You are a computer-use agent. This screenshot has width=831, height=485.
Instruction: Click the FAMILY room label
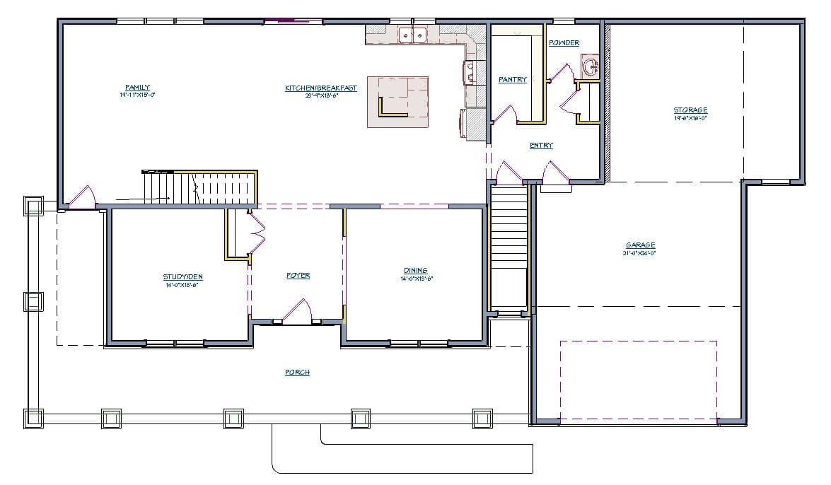pyautogui.click(x=138, y=87)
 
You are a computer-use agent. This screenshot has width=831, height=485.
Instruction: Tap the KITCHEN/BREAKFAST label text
pyautogui.click(x=321, y=88)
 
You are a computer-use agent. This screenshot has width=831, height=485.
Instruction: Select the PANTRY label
pyautogui.click(x=513, y=80)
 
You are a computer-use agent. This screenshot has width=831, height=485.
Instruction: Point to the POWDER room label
pyautogui.click(x=564, y=43)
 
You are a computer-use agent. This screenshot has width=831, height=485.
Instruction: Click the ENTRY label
pyautogui.click(x=542, y=146)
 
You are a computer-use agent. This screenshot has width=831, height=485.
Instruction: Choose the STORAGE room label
pyautogui.click(x=690, y=110)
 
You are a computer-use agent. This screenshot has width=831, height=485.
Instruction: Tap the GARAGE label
pyautogui.click(x=639, y=245)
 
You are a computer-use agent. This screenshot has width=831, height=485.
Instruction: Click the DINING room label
pyautogui.click(x=415, y=271)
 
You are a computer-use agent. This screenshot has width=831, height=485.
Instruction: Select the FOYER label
pyautogui.click(x=298, y=276)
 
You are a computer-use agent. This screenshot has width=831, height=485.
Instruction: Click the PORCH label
pyautogui.click(x=298, y=373)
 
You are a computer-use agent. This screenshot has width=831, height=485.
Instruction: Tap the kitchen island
pyautogui.click(x=398, y=102)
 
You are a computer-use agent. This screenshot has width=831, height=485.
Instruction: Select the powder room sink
pyautogui.click(x=591, y=68)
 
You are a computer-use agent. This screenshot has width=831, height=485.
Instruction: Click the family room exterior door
pyautogui.click(x=81, y=197)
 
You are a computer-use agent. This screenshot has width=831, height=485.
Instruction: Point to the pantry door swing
pyautogui.click(x=504, y=115)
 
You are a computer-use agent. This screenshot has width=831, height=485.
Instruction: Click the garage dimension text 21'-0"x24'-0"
pyautogui.click(x=639, y=252)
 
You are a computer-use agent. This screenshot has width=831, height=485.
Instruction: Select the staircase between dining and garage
pyautogui.click(x=509, y=247)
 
